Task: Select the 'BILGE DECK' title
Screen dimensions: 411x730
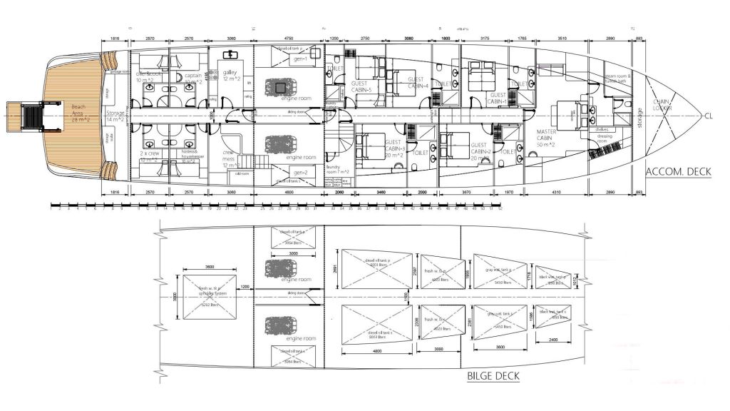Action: [x=493, y=376]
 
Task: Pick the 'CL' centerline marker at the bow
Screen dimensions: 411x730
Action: [x=709, y=116]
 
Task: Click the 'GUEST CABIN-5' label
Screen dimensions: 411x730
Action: [x=362, y=87]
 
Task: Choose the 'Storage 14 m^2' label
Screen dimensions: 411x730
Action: [x=115, y=117]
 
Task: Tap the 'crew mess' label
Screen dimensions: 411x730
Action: [x=230, y=158]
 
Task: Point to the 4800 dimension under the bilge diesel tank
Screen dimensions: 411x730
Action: [x=377, y=351]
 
